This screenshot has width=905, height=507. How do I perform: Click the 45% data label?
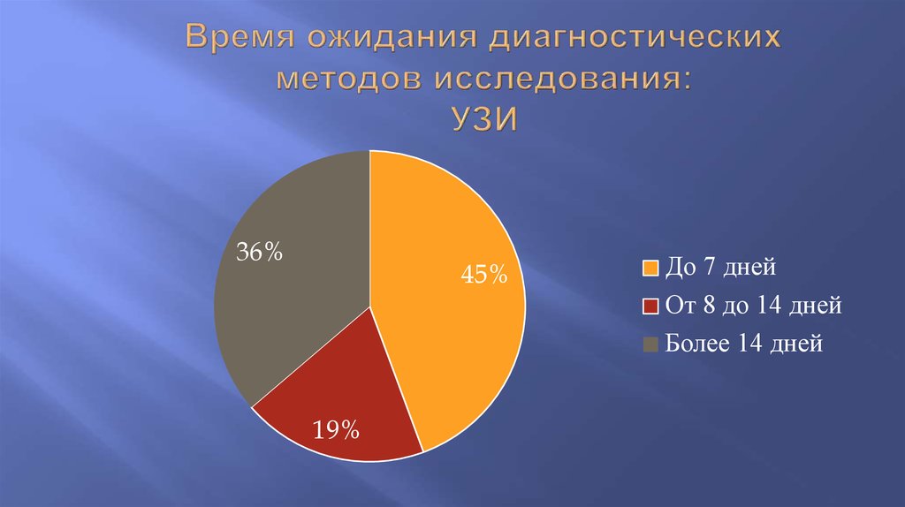483,275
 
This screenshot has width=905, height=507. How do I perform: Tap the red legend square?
650,306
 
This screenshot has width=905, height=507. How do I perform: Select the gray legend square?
650,344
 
